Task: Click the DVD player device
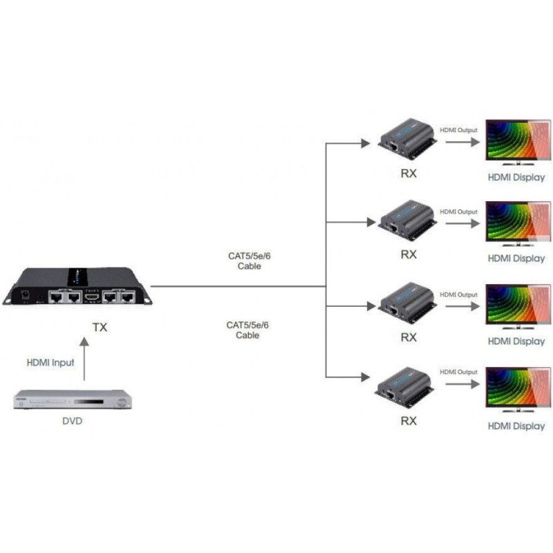(73, 400)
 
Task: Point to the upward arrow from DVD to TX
(84, 359)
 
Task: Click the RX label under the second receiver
(409, 254)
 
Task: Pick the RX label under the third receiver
(409, 337)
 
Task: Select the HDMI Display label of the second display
(516, 259)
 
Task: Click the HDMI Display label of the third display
(516, 341)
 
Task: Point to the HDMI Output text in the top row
(458, 129)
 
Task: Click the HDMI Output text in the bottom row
(458, 372)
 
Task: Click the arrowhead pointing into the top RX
(366, 142)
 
